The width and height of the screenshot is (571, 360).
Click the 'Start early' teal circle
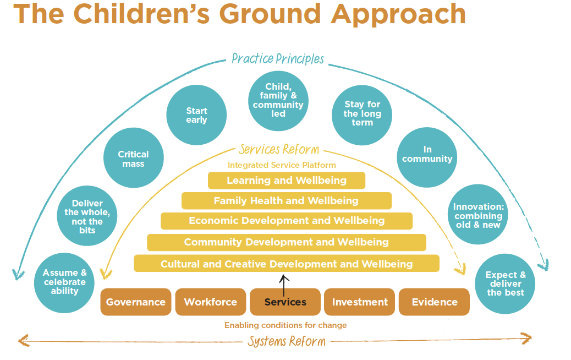pyautogui.click(x=196, y=115)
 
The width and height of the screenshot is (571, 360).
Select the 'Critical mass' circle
pyautogui.click(x=134, y=158)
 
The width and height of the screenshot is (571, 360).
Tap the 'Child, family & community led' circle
pyautogui.click(x=278, y=101)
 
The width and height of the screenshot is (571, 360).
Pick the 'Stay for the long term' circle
pyautogui.click(x=362, y=115)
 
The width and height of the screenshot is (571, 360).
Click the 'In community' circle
pyautogui.click(x=427, y=157)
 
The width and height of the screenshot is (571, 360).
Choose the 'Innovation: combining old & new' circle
pyautogui.click(x=478, y=214)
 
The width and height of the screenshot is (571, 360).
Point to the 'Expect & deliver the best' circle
pyautogui.click(x=505, y=284)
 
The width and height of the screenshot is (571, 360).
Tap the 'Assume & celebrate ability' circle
pyautogui.click(x=64, y=283)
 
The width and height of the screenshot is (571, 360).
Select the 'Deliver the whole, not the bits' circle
pyautogui.click(x=87, y=216)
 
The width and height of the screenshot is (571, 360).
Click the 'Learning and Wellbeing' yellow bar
pyautogui.click(x=287, y=181)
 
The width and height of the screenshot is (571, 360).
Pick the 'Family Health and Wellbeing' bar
pyautogui.click(x=287, y=201)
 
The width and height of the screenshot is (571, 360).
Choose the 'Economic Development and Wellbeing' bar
pyautogui.click(x=287, y=221)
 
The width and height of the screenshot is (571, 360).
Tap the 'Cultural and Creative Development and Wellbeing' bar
pyautogui.click(x=287, y=264)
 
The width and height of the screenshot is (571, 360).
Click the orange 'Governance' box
pyautogui.click(x=136, y=302)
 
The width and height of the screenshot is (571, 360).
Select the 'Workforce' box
pyautogui.click(x=211, y=302)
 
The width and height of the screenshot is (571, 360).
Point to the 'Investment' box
pyautogui.click(x=359, y=302)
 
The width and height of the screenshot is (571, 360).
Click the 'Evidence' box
pyautogui.click(x=434, y=302)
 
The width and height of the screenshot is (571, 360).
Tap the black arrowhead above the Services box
pyautogui.click(x=284, y=279)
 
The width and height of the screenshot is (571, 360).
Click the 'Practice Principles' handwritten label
pyautogui.click(x=278, y=59)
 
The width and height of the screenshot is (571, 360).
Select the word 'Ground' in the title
pyautogui.click(x=271, y=14)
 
